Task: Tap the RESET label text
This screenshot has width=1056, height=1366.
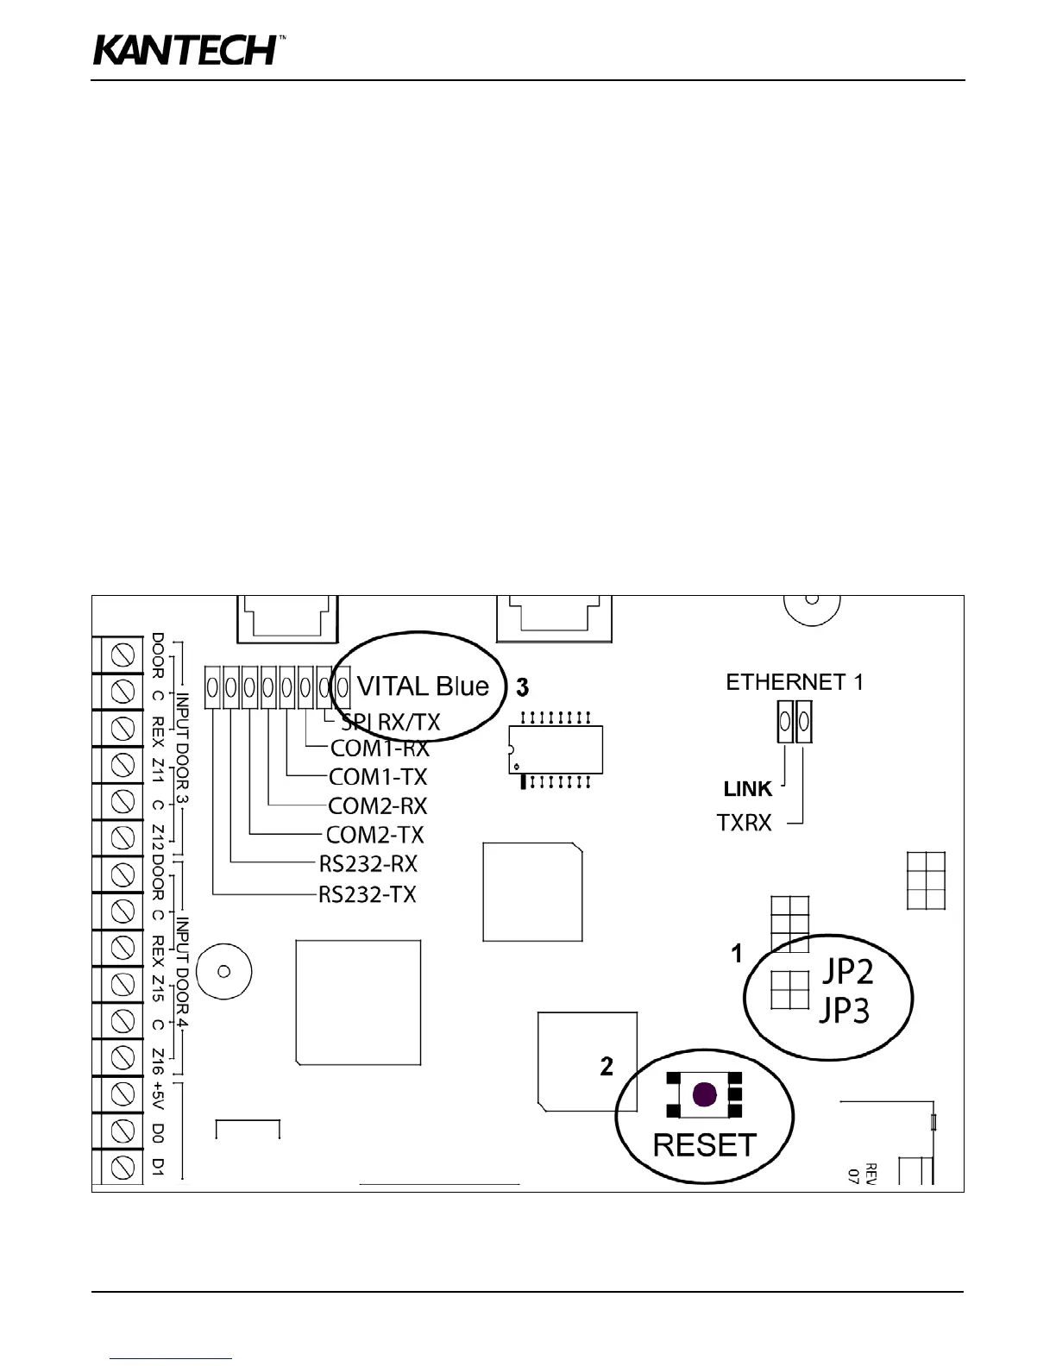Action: (704, 1145)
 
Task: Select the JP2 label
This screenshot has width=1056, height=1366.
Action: (846, 971)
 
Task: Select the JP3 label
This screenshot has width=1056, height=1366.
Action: (845, 1009)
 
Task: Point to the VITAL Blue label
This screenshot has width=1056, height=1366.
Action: (423, 686)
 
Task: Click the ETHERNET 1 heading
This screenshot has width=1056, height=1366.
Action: (794, 682)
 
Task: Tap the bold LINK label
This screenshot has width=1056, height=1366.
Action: (748, 789)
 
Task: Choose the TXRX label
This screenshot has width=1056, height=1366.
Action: (745, 824)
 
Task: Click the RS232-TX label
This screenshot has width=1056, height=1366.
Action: (368, 894)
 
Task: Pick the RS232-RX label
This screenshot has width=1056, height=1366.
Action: (368, 864)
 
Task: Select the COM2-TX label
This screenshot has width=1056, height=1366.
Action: (375, 835)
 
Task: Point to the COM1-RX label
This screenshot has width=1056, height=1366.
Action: (380, 749)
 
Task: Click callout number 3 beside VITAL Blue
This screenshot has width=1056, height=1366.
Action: (522, 687)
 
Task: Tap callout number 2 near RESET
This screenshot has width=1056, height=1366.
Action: (607, 1067)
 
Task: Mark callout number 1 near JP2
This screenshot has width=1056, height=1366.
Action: (737, 953)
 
